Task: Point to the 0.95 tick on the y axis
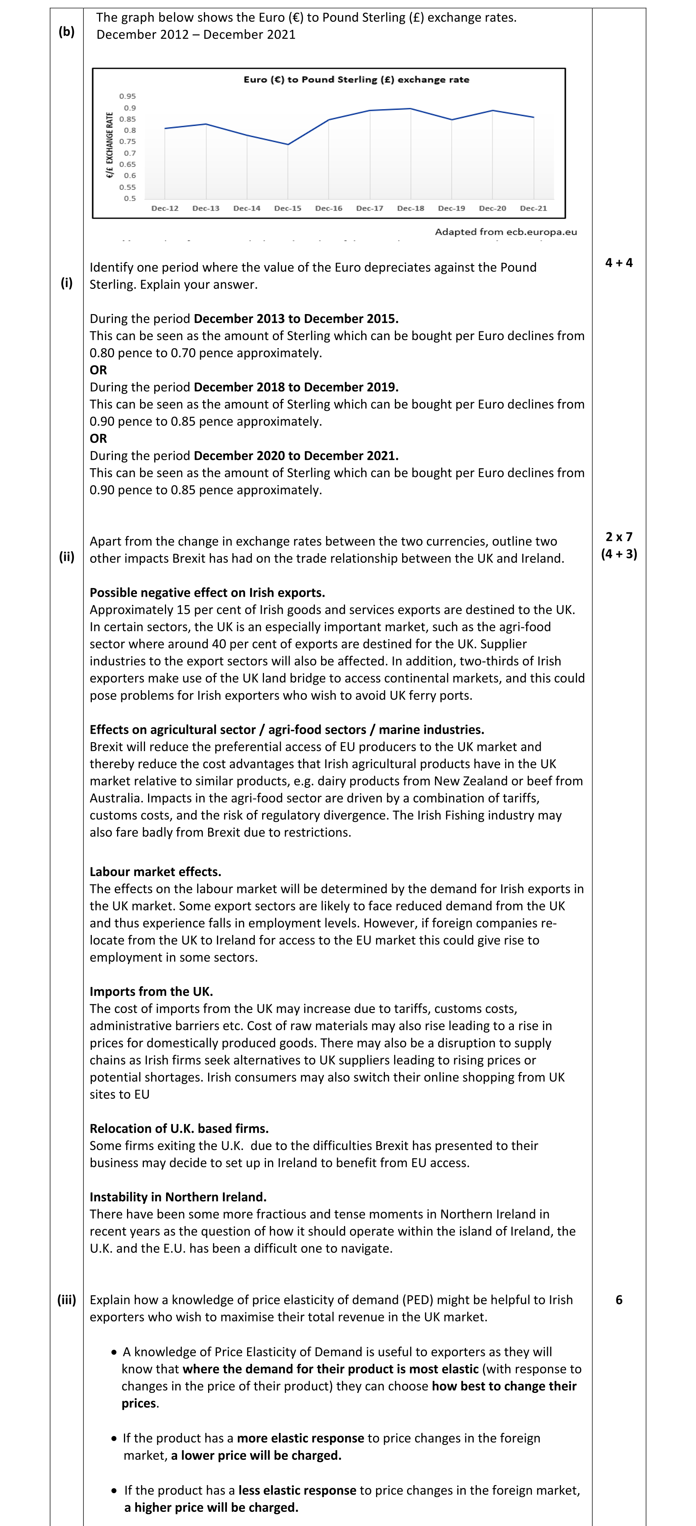pos(127,96)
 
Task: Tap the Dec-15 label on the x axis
pos(288,208)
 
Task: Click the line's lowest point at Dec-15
pos(288,144)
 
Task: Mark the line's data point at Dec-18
pos(411,109)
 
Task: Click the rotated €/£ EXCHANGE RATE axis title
pos(109,145)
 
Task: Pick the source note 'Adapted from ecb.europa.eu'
pos(505,231)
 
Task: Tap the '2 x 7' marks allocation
pos(618,537)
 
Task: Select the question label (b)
pos(66,32)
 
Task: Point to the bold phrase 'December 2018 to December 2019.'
pos(295,388)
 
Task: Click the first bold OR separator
pos(98,370)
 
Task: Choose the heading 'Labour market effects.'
pos(155,871)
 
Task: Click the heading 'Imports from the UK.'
pos(151,991)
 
